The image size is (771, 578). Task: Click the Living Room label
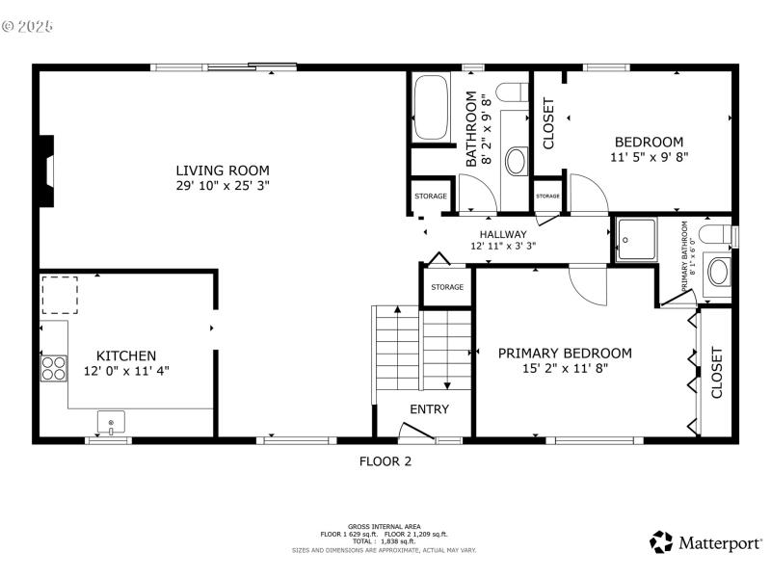coord(222,171)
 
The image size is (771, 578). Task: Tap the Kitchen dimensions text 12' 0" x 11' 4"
coord(126,370)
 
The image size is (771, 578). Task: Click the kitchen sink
coord(112,422)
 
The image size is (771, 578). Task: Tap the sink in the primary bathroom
coord(719,271)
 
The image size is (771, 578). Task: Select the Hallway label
coord(503,234)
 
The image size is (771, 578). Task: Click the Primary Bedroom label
coord(565,353)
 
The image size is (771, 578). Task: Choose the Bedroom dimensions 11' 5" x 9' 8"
coord(649,156)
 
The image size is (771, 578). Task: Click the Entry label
coord(429,408)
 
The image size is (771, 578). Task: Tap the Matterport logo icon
coord(661,542)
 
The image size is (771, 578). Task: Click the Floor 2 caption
coord(385,461)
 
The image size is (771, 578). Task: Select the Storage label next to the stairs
coord(446,287)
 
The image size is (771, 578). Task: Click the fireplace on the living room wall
coord(45,171)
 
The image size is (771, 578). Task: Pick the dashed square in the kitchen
coord(59,294)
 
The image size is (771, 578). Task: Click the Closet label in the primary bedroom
coord(716,373)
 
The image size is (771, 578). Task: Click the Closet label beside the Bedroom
coord(549,123)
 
